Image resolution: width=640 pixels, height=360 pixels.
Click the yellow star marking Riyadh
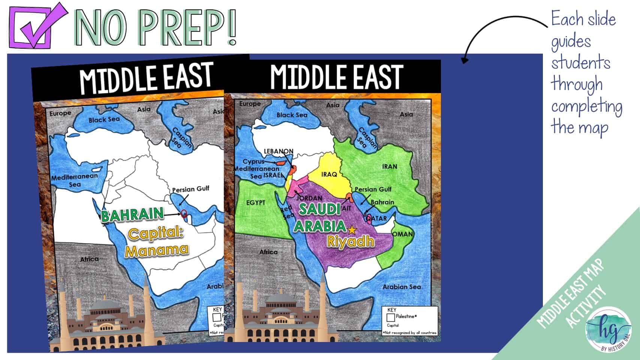pyautogui.click(x=352, y=229)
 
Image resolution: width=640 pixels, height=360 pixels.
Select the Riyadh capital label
pyautogui.click(x=351, y=241)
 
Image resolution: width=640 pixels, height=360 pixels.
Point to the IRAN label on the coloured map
pyautogui.click(x=390, y=166)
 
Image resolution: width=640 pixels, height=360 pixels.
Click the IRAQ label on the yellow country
pyautogui.click(x=329, y=174)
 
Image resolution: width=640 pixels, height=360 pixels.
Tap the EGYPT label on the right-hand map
pyautogui.click(x=256, y=203)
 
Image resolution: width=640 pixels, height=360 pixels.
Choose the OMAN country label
pyautogui.click(x=403, y=234)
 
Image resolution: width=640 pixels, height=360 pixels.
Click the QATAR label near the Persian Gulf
pyautogui.click(x=377, y=218)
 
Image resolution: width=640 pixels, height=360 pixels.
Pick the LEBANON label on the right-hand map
pyautogui.click(x=279, y=151)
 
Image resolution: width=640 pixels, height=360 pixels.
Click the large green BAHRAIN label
pyautogui.click(x=132, y=214)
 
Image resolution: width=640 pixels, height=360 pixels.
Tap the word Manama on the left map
pyautogui.click(x=157, y=250)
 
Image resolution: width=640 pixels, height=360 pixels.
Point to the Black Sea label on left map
pyautogui.click(x=104, y=120)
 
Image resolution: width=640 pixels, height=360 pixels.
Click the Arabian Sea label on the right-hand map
pyautogui.click(x=402, y=287)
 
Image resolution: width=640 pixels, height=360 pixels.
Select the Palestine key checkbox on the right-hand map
pyautogui.click(x=391, y=317)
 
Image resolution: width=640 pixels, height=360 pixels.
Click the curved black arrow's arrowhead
pyautogui.click(x=464, y=60)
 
